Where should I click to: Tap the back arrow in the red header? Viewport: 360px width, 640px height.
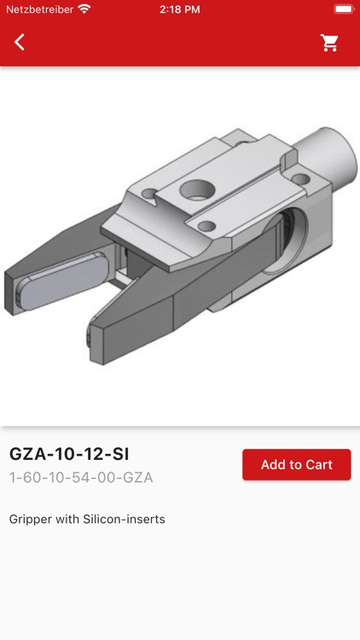click(x=20, y=42)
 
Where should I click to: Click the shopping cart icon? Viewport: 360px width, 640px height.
click(x=329, y=43)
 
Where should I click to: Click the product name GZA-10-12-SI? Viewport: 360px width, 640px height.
click(x=69, y=454)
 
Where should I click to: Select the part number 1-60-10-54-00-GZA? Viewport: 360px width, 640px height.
click(x=81, y=478)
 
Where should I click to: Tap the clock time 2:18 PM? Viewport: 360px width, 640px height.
click(x=180, y=9)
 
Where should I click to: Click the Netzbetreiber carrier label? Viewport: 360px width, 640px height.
click(x=39, y=9)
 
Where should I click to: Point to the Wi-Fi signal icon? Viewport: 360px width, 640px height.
click(x=84, y=9)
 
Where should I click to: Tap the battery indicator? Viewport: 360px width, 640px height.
click(x=343, y=9)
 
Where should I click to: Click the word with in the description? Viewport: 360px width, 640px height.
click(x=71, y=519)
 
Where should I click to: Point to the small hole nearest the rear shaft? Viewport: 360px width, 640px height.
click(x=299, y=179)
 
